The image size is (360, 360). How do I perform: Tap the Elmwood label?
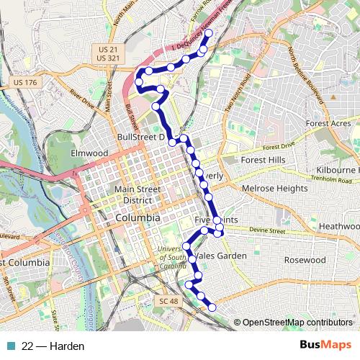click(x=89, y=153)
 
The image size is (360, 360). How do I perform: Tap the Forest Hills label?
click(x=264, y=160)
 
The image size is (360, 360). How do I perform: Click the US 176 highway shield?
click(x=24, y=84)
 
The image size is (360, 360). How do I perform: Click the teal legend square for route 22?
click(x=9, y=346)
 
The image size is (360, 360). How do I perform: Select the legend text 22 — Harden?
click(x=53, y=346)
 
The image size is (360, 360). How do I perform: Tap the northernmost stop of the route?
click(x=209, y=33)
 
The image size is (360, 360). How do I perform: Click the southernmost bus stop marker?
click(x=212, y=307)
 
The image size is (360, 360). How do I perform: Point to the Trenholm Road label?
click(x=333, y=179)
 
